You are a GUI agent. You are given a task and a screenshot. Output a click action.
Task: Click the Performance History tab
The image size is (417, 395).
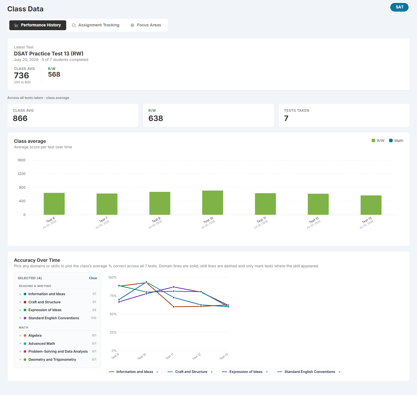click(x=37, y=25)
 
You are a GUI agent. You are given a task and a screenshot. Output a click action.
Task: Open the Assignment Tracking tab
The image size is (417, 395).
click(x=96, y=25)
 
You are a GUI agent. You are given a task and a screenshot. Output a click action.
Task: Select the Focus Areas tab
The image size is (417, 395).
click(x=146, y=25)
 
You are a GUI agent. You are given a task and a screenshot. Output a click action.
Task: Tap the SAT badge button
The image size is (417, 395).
click(x=399, y=7)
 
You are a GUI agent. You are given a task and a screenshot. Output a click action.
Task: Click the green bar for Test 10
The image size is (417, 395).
click(x=213, y=203)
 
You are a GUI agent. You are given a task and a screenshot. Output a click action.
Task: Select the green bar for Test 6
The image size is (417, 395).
click(x=54, y=204)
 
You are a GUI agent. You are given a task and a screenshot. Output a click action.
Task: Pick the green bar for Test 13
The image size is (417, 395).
click(x=371, y=205)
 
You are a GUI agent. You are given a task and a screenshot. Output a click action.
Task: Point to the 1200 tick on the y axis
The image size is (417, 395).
click(x=21, y=174)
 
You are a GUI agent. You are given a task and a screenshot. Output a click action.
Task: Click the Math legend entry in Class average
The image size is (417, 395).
click(x=396, y=140)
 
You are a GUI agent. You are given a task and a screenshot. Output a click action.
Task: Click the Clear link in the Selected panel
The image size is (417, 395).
click(x=93, y=278)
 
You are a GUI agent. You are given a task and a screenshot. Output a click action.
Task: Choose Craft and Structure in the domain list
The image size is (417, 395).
click(x=44, y=302)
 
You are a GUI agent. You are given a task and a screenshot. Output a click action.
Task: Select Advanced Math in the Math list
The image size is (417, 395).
click(x=42, y=343)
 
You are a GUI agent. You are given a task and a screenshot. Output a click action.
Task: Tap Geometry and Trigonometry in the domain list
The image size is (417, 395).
click(x=52, y=359)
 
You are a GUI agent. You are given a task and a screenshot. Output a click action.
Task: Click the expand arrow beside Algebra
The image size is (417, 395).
click(x=20, y=336)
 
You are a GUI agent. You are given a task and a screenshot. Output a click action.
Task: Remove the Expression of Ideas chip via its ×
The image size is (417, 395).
click(x=267, y=372)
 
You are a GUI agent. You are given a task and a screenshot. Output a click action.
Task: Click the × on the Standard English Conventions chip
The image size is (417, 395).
click(x=339, y=372)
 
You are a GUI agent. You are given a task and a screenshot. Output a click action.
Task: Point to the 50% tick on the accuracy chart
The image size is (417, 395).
click(x=113, y=314)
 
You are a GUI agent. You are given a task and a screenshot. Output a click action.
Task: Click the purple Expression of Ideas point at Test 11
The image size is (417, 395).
click(x=173, y=287)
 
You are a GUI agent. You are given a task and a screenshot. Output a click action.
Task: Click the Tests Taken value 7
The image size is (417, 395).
click(x=286, y=118)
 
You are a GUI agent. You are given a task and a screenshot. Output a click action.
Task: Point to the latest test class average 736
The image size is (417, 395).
click(x=21, y=75)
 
